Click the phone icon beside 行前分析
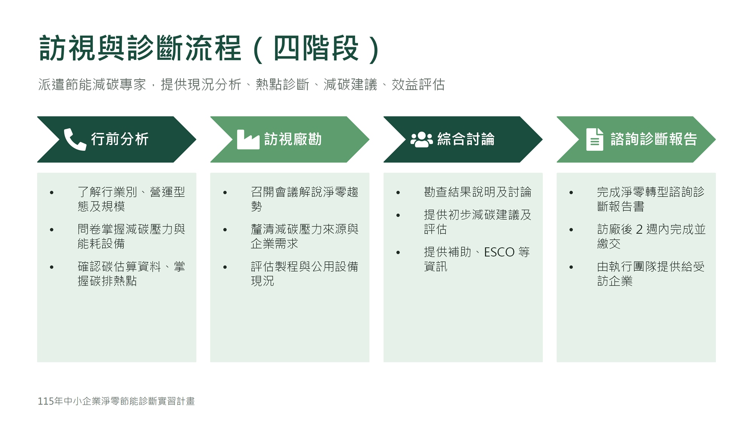pos(75,139)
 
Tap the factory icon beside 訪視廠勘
pos(248,139)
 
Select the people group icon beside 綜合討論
pos(422,139)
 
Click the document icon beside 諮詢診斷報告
pos(595,139)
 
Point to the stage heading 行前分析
pos(120,139)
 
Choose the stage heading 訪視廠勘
pos(293,139)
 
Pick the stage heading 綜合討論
pos(466,139)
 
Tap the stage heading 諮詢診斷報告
pos(654,139)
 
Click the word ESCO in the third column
pos(499,252)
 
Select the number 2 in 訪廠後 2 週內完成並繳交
pos(639,229)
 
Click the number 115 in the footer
pos(46,401)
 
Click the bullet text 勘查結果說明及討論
pos(477,192)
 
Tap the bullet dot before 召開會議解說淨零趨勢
pos(225,193)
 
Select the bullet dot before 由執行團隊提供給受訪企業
pos(571,267)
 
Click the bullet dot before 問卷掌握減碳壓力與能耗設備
pos(52,230)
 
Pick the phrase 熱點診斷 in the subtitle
pos(282,85)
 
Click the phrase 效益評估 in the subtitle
pos(418,85)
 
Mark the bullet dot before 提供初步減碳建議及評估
pos(398,215)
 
